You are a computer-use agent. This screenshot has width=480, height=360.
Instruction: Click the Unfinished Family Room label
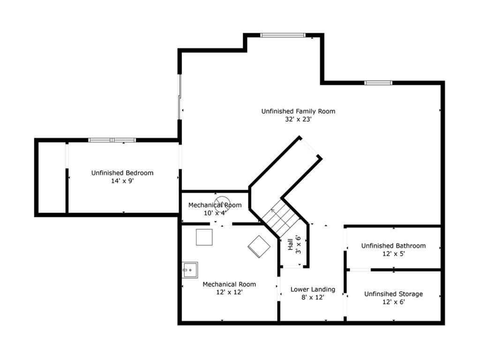[298, 112]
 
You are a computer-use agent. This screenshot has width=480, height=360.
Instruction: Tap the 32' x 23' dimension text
[298, 120]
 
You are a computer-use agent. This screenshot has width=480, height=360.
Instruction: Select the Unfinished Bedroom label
[122, 173]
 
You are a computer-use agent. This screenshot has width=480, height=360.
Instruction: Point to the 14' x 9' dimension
[122, 181]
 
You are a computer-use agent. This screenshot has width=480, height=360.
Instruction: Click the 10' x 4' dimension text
[215, 213]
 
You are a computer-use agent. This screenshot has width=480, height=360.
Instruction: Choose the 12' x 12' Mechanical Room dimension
[229, 292]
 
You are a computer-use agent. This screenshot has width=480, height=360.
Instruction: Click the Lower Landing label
[313, 289]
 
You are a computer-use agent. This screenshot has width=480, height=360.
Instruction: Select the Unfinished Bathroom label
[393, 246]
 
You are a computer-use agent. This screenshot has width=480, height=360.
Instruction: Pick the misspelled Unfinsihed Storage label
[393, 294]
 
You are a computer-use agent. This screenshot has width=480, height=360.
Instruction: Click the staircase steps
[280, 218]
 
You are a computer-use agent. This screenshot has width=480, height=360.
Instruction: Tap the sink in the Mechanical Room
[190, 270]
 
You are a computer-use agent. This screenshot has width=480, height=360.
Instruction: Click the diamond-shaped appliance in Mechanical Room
[259, 247]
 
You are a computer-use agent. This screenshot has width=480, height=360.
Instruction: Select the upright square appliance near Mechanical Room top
[204, 237]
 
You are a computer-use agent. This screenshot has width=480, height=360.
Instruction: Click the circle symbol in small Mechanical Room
[222, 204]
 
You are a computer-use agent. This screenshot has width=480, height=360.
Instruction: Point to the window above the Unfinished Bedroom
[112, 140]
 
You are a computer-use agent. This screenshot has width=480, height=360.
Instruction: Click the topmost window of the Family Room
[283, 35]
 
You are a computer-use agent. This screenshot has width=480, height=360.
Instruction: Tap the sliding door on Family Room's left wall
[180, 97]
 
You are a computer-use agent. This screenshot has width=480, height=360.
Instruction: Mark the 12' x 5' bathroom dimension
[394, 254]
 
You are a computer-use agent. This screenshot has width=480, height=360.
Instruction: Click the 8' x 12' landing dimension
[313, 297]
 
